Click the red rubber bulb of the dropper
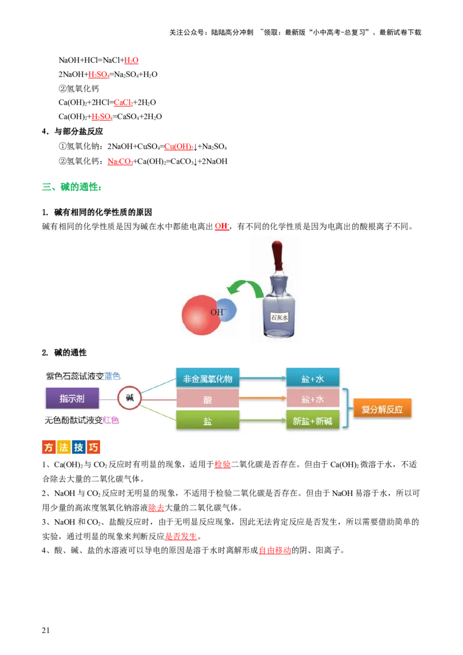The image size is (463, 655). [278, 252]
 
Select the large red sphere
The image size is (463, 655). [200, 317]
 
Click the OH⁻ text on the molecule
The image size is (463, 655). [218, 312]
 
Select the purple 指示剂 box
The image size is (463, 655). [72, 399]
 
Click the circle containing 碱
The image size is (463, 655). [129, 399]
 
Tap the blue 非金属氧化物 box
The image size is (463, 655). [207, 379]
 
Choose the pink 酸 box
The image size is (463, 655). [207, 399]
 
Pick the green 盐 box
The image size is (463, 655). [207, 421]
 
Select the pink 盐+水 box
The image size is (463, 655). [313, 399]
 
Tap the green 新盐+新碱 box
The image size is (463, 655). [313, 421]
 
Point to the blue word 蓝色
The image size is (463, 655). [112, 376]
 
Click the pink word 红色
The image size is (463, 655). [111, 421]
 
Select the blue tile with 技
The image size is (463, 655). [79, 447]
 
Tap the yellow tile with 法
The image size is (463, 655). [64, 447]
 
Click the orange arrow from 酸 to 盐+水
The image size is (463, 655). [263, 398]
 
